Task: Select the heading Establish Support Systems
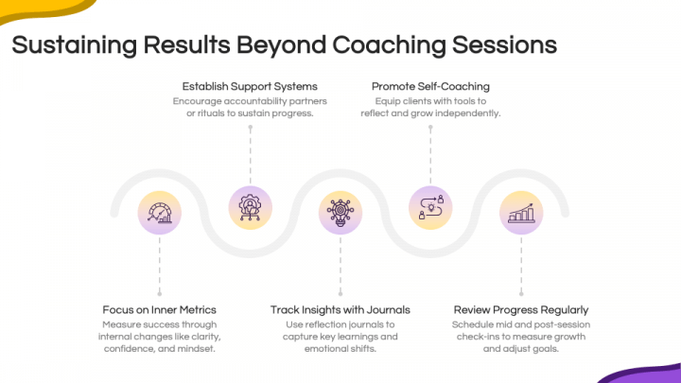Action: pyautogui.click(x=250, y=86)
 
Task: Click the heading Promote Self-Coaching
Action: pyautogui.click(x=430, y=86)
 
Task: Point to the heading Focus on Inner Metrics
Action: pyautogui.click(x=160, y=309)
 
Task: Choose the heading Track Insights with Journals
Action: pyautogui.click(x=340, y=309)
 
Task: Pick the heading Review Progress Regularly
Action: pyautogui.click(x=521, y=309)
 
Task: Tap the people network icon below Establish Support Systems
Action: pyautogui.click(x=250, y=207)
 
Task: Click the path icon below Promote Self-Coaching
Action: pyautogui.click(x=430, y=207)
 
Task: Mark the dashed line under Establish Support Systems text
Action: pyautogui.click(x=250, y=151)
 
